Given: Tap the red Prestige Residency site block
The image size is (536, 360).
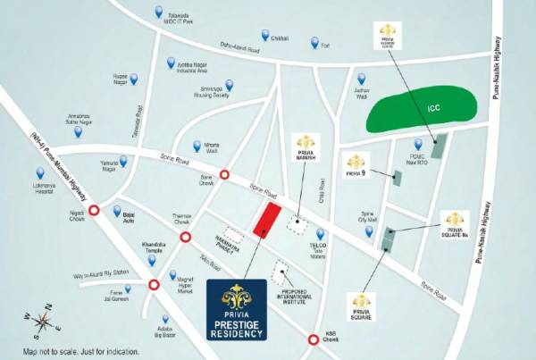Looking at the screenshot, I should pos(266,219).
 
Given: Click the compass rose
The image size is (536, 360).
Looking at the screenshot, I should pos(40,322).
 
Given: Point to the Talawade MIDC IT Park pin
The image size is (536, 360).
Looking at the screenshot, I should pos(158,13).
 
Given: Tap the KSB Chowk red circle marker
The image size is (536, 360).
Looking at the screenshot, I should pos(313,339).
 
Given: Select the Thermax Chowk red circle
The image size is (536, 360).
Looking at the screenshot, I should pos(186,237).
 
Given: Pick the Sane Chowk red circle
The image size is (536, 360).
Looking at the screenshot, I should pos(225,176).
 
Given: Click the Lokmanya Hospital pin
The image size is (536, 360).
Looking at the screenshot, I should pos(39,173).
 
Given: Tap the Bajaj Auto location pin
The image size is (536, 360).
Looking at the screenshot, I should pos(116,212).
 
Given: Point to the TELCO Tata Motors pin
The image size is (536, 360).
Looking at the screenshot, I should pos(320,234).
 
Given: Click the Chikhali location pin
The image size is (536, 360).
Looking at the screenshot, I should pos(265,35).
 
